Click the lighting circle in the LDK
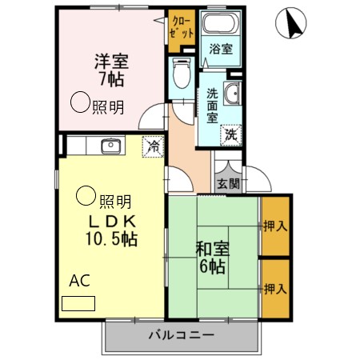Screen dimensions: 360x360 coord(85,194)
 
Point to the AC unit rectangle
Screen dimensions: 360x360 coord(78,303)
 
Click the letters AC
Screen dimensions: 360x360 coord(79,281)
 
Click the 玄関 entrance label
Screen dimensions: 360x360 coord(228,183)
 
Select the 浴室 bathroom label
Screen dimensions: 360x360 coord(221,49)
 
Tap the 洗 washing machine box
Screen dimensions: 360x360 coord(230,134)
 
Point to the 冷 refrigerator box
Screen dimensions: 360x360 coord(152,146)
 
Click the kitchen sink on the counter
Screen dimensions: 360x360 coord(110,146)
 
